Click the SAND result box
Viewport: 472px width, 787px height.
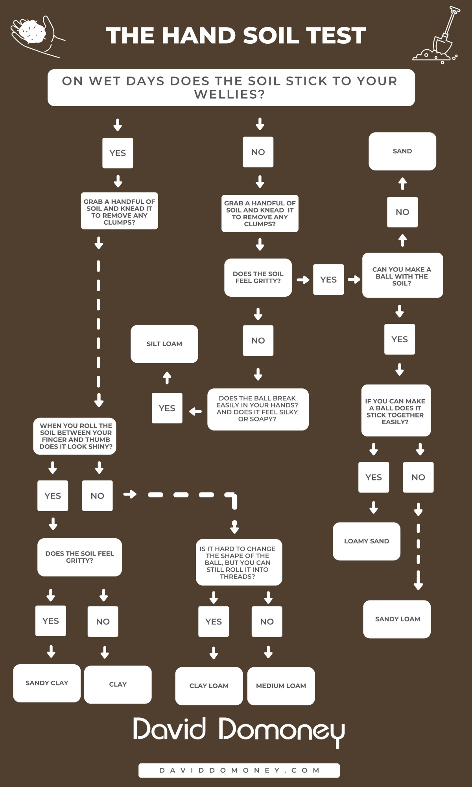pyautogui.click(x=402, y=151)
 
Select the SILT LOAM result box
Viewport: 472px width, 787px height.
pyautogui.click(x=164, y=344)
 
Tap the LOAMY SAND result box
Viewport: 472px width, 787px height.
pyautogui.click(x=367, y=541)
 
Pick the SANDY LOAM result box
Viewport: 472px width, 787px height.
pyautogui.click(x=397, y=619)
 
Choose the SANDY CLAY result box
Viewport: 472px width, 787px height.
pyautogui.click(x=47, y=683)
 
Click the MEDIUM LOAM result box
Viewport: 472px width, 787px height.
pyautogui.click(x=281, y=686)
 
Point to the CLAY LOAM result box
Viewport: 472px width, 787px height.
pyautogui.click(x=209, y=686)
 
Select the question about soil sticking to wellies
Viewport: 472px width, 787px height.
pyautogui.click(x=231, y=88)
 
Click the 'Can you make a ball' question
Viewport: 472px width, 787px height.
pyautogui.click(x=402, y=275)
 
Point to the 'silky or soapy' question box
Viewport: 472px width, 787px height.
pyautogui.click(x=258, y=409)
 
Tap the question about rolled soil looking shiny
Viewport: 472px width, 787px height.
pyautogui.click(x=75, y=436)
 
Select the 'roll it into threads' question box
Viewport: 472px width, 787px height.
pyautogui.click(x=239, y=562)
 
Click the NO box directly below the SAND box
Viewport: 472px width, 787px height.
pyautogui.click(x=402, y=212)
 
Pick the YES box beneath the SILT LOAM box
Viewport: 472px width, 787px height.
pyautogui.click(x=167, y=408)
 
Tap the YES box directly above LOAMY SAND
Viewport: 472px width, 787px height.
pyautogui.click(x=374, y=477)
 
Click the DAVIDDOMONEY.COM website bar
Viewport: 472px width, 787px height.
pyautogui.click(x=239, y=770)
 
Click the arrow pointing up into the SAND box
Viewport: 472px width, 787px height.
pyautogui.click(x=402, y=183)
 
